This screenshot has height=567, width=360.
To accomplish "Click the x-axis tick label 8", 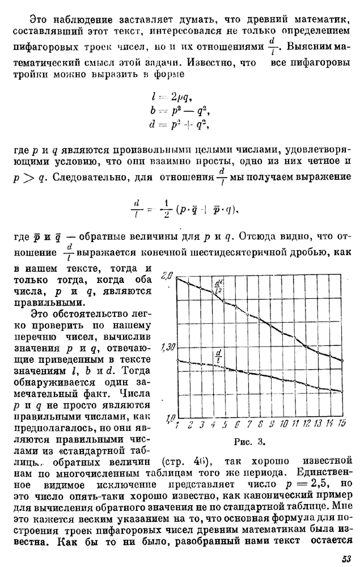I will click(260, 424).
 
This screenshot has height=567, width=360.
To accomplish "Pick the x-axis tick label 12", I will click(307, 424).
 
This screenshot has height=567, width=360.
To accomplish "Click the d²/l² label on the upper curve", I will click(218, 286).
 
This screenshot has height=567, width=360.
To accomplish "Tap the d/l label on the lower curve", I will click(218, 356).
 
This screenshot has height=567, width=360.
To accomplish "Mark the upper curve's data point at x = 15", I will click(341, 361).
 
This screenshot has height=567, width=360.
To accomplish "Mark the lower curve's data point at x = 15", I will click(341, 391).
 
